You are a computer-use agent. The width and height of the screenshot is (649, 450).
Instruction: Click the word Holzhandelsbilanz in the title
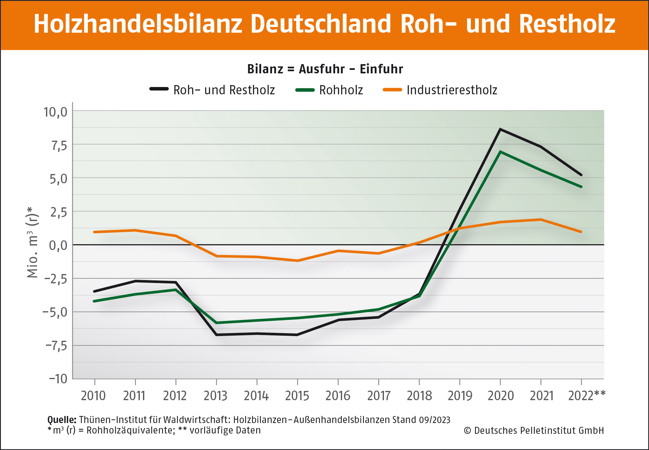[x=138, y=24]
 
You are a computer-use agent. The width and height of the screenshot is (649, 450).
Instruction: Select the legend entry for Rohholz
[x=341, y=90]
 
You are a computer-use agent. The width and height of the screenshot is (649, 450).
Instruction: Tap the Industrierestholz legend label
[x=451, y=90]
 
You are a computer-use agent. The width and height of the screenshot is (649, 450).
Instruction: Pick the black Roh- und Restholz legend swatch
[x=159, y=89]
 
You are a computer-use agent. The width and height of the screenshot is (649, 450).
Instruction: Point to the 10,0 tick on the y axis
[x=55, y=112]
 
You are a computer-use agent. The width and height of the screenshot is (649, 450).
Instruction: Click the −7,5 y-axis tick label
[x=56, y=346]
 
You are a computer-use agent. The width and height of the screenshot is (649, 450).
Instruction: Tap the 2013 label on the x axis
[x=216, y=396]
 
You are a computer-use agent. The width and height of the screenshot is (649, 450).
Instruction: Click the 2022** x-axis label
[x=587, y=396]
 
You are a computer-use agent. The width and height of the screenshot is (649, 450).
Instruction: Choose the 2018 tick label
[x=419, y=396]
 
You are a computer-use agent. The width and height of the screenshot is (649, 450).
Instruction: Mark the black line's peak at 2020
[x=500, y=129]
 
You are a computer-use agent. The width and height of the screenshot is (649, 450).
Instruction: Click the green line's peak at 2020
[x=500, y=152]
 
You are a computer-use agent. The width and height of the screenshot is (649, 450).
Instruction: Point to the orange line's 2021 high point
[x=541, y=219]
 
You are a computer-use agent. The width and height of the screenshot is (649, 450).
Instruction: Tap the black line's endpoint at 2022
[x=581, y=175]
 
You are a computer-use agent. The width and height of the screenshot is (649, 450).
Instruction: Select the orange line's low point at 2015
[x=297, y=261]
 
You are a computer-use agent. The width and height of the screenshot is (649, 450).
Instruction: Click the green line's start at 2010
[x=94, y=301]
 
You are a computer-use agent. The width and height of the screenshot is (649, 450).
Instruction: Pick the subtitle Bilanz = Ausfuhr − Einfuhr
[x=325, y=69]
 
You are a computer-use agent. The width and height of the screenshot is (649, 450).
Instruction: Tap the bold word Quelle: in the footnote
[x=62, y=420]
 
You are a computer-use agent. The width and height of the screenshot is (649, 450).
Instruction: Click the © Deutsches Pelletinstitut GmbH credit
[x=534, y=431]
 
